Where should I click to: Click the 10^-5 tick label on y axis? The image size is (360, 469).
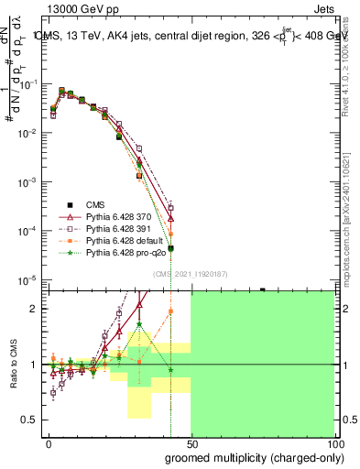(x=27, y=279)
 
